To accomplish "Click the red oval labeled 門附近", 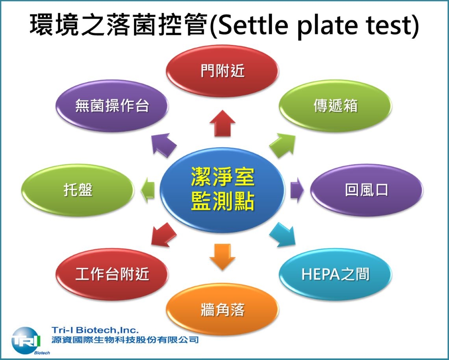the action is [x=223, y=71].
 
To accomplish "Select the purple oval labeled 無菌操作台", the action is [x=112, y=106].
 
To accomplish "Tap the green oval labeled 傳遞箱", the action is [x=335, y=106].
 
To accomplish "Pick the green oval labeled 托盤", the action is [x=78, y=190].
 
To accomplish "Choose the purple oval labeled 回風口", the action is [x=367, y=190].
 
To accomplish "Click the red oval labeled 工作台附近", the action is [x=112, y=274].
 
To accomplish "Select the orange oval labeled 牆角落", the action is [x=223, y=309].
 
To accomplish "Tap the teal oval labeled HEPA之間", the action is [x=335, y=274].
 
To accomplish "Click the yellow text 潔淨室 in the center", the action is [x=223, y=177].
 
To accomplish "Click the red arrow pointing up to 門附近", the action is [x=223, y=123].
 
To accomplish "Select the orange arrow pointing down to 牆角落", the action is [x=223, y=257].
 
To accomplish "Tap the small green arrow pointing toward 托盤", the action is [x=147, y=190].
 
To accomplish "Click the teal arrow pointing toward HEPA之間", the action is [x=282, y=235].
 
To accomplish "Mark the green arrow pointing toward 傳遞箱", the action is [x=282, y=145].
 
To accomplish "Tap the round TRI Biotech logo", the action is [x=26, y=341].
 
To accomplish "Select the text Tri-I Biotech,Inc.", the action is [x=95, y=330].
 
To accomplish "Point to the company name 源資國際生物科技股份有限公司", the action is [x=125, y=340].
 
